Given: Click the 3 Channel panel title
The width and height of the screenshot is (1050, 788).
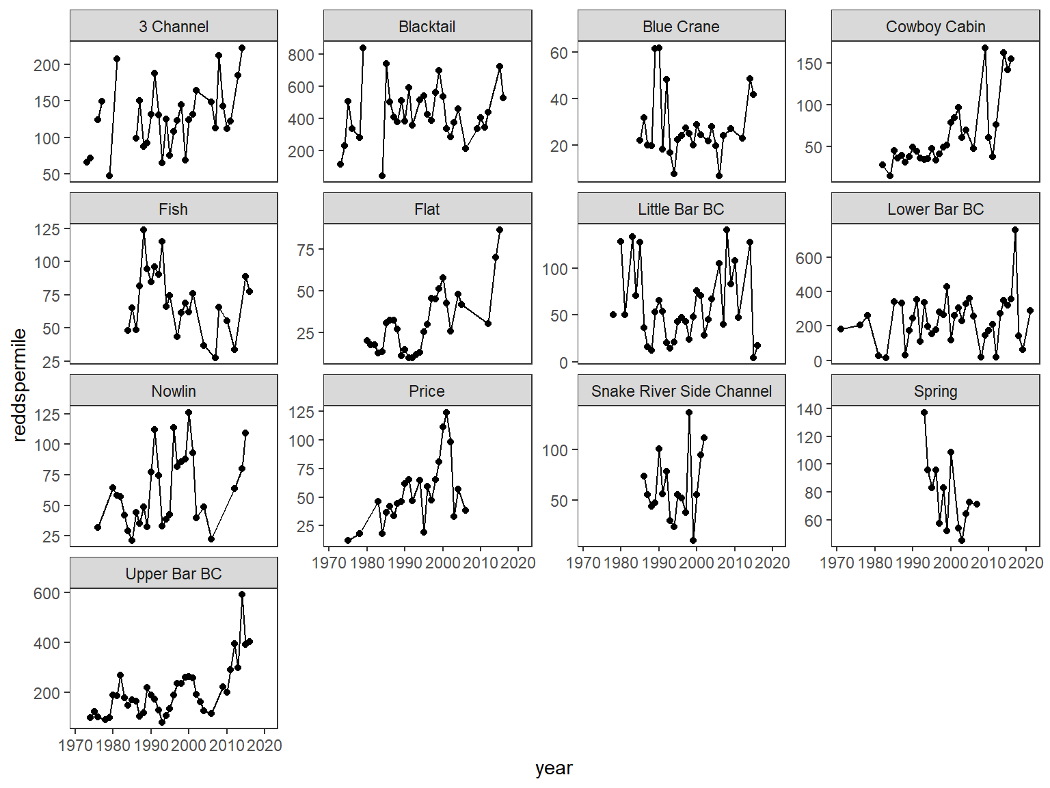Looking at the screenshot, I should [174, 27].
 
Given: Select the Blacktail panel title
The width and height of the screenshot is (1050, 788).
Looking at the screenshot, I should [427, 27].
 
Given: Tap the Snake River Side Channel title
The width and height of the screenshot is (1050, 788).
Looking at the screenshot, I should [681, 391].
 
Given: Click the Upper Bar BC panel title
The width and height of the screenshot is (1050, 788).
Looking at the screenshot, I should [174, 574].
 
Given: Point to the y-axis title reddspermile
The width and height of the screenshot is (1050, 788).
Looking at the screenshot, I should [19, 384].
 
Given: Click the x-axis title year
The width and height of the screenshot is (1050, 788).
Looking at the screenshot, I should [554, 768].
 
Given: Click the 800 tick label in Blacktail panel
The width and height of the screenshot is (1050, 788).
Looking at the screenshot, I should [301, 55].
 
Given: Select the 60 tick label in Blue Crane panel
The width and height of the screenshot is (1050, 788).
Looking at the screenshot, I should [559, 53].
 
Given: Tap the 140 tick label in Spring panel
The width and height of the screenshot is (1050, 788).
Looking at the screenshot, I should [809, 409].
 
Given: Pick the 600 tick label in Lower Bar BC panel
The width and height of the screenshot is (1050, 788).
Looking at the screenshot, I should [809, 258].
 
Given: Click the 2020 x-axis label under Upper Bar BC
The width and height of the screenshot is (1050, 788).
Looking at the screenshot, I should [265, 746].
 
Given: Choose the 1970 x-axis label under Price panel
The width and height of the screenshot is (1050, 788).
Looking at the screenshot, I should [329, 563].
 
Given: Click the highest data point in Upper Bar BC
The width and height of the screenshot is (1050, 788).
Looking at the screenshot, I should [242, 594].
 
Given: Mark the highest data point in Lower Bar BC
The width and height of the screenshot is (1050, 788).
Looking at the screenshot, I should [1015, 230].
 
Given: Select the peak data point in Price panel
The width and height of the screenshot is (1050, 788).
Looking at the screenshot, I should [446, 412].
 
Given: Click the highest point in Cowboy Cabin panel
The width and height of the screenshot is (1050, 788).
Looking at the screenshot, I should [985, 48].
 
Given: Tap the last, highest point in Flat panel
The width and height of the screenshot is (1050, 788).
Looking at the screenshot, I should [500, 230].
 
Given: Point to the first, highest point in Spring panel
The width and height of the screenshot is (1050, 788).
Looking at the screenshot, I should [924, 412].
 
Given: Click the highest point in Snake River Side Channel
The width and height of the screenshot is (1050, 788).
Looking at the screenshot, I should [689, 412].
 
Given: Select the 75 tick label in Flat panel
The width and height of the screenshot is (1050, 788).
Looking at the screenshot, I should [306, 250].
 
